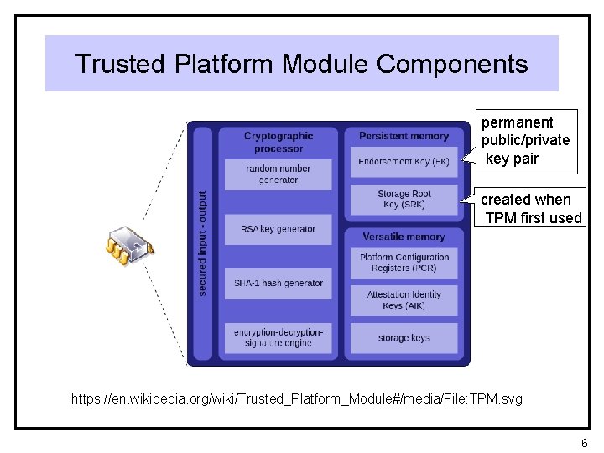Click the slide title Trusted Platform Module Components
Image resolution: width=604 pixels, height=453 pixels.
pos(301,64)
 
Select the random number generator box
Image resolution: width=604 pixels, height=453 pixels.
pos(279,174)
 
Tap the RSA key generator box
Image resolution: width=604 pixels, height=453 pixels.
pos(279,229)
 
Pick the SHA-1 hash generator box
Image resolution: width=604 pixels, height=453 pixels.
pos(279,284)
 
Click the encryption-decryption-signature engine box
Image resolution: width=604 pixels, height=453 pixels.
pos(279,337)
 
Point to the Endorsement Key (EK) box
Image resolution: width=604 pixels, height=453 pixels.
pos(404,161)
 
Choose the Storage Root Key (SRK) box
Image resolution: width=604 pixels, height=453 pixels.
pos(404,200)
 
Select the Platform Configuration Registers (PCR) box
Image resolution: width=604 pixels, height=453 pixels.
pos(404,263)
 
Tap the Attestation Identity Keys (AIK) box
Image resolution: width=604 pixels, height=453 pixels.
pos(404,300)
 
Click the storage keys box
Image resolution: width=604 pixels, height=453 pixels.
pos(404,338)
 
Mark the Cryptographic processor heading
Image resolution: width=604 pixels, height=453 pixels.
pos(279,142)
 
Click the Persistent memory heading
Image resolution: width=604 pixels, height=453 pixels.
pos(404,136)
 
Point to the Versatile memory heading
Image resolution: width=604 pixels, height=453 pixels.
pos(404,237)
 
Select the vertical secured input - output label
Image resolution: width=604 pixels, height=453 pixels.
pos(201,242)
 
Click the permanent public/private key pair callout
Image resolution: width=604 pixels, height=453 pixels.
pos(525,141)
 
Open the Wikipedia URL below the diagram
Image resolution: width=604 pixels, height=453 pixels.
pos(297,398)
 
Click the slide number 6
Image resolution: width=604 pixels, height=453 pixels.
pos(584,442)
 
